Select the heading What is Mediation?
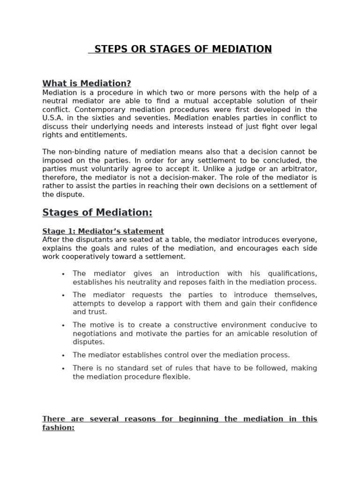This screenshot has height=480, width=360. click(x=87, y=83)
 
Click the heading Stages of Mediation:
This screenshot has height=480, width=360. click(x=97, y=212)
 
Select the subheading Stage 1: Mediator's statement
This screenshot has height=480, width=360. click(x=103, y=231)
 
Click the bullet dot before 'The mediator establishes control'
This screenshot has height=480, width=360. click(x=63, y=355)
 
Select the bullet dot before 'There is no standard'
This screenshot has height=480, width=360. click(x=63, y=368)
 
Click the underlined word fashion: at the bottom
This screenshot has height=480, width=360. click(x=59, y=428)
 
